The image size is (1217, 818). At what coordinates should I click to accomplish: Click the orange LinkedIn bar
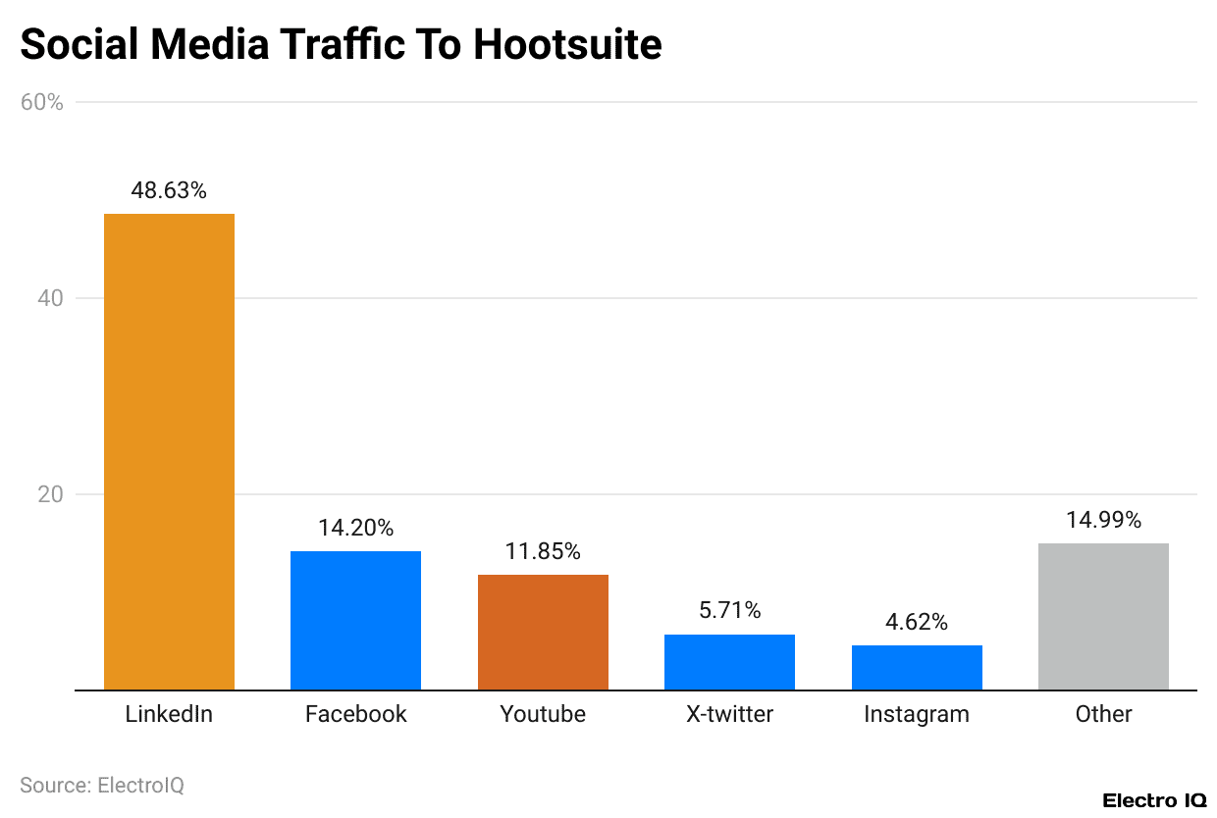pyautogui.click(x=169, y=451)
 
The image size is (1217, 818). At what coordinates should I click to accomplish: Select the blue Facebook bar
pyautogui.click(x=355, y=620)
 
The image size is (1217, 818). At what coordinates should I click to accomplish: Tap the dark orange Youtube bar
pyautogui.click(x=543, y=632)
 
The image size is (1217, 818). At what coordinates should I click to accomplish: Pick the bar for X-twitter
pyautogui.click(x=729, y=662)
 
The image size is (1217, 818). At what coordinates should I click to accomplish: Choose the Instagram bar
pyautogui.click(x=917, y=667)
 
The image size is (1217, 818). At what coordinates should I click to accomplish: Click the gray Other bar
pyautogui.click(x=1103, y=616)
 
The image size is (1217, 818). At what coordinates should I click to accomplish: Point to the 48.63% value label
pyautogui.click(x=169, y=191)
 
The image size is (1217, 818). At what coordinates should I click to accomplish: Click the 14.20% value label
pyautogui.click(x=355, y=528)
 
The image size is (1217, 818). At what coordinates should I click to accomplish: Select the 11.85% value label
pyautogui.click(x=543, y=551)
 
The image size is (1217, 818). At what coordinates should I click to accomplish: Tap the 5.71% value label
pyautogui.click(x=729, y=610)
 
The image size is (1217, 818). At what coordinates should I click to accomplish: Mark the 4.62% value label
pyautogui.click(x=917, y=622)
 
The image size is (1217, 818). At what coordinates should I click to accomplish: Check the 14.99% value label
pyautogui.click(x=1103, y=520)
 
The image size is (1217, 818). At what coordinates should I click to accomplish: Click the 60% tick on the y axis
pyautogui.click(x=41, y=102)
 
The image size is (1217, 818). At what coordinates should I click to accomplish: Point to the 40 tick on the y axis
pyautogui.click(x=51, y=298)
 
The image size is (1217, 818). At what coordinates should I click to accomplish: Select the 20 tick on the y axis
pyautogui.click(x=51, y=494)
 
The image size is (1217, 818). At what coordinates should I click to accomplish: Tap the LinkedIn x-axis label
pyautogui.click(x=169, y=714)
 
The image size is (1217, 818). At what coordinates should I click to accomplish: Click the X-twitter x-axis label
pyautogui.click(x=729, y=714)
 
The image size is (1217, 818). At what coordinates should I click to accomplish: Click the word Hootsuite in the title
pyautogui.click(x=567, y=45)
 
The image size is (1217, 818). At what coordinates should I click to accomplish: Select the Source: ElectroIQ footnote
pyautogui.click(x=102, y=786)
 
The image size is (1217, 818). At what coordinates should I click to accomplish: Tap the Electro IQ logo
pyautogui.click(x=1154, y=800)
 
